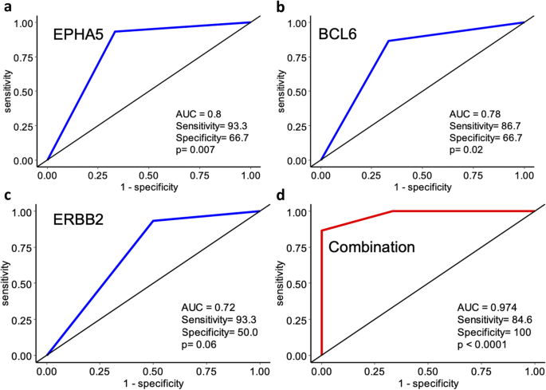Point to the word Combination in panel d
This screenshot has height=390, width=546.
click(x=371, y=247)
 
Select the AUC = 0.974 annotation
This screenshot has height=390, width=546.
click(x=487, y=307)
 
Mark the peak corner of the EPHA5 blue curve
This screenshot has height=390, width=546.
click(x=115, y=32)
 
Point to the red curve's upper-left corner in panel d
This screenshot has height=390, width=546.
click(x=321, y=230)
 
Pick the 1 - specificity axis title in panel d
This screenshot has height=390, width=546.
click(x=427, y=383)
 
